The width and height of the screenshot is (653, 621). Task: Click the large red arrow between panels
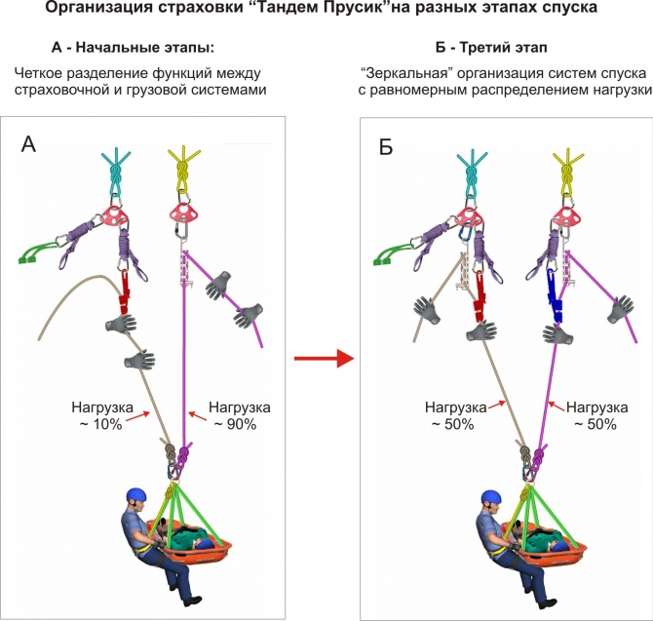click(x=322, y=360)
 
